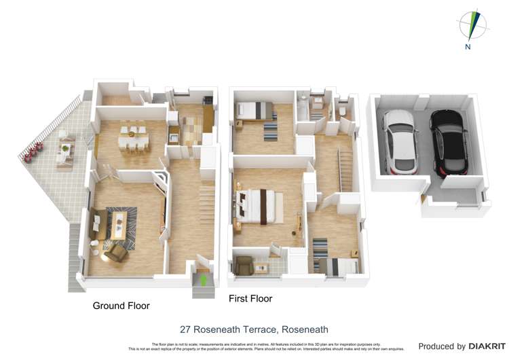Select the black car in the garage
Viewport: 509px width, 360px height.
pos(447,141)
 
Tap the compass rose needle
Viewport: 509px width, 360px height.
pos(472,24)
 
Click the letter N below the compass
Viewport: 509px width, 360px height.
pos(468,47)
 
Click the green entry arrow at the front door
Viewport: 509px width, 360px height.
pos(202,278)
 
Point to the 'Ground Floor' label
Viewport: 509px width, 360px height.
pos(121,306)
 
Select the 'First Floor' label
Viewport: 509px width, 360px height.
pos(250,299)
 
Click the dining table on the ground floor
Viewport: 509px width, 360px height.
pos(133,138)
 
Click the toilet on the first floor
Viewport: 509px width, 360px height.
pos(343,111)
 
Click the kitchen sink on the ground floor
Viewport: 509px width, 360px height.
pos(174,139)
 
